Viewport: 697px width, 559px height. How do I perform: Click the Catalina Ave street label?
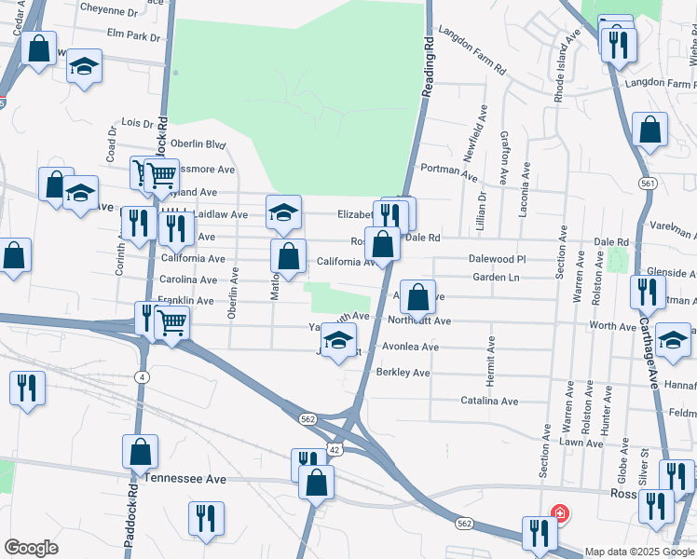pyautogui.click(x=489, y=401)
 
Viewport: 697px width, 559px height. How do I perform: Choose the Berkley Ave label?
pyautogui.click(x=403, y=373)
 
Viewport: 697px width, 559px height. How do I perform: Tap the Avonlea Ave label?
pyautogui.click(x=410, y=347)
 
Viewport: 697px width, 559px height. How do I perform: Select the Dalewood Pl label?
pyautogui.click(x=498, y=260)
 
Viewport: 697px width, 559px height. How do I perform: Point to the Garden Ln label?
pyautogui.click(x=496, y=278)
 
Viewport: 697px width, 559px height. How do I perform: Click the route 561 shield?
pyautogui.click(x=648, y=184)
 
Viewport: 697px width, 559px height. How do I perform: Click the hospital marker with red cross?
pyautogui.click(x=559, y=512)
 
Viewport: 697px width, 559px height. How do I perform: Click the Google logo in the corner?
pyautogui.click(x=31, y=548)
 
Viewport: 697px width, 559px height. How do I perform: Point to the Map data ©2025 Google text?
pyautogui.click(x=639, y=552)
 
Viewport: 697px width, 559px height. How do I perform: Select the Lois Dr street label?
pyautogui.click(x=137, y=123)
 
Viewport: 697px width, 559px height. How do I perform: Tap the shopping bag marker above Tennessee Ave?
pyautogui.click(x=140, y=452)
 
